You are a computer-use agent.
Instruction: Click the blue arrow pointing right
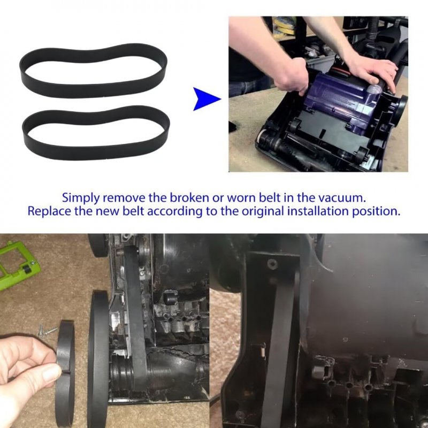click(205, 99)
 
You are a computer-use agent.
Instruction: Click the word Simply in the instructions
click(81, 198)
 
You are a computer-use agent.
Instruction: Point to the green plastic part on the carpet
click(17, 265)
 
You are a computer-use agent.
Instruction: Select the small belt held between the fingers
click(65, 371)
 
